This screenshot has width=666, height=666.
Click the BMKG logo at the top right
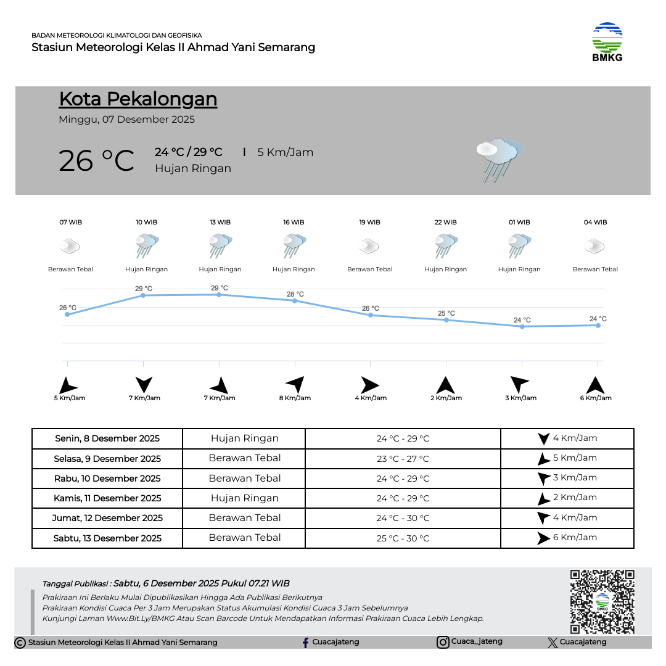607,42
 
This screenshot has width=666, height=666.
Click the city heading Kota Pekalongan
138,99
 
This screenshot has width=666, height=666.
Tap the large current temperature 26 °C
96,161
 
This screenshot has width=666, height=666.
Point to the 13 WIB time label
220,223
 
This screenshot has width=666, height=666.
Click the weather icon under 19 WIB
369,247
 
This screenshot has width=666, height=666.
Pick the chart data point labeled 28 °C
295,301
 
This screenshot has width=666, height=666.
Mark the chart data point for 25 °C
446,320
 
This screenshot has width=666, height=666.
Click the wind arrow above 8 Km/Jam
295,384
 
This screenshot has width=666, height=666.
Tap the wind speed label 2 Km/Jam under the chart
446,398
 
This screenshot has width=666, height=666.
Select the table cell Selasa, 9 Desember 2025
107,459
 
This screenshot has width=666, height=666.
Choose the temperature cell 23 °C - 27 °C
403,459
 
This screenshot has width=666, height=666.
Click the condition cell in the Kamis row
244,498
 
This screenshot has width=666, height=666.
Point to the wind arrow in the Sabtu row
543,538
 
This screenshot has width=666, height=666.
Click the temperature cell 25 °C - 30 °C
403,538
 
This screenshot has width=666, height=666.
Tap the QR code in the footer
602,601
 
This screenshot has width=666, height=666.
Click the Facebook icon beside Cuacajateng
305,643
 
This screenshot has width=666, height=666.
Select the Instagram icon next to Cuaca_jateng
443,643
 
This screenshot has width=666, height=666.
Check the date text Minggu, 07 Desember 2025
126,120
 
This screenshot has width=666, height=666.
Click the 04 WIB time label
595,223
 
